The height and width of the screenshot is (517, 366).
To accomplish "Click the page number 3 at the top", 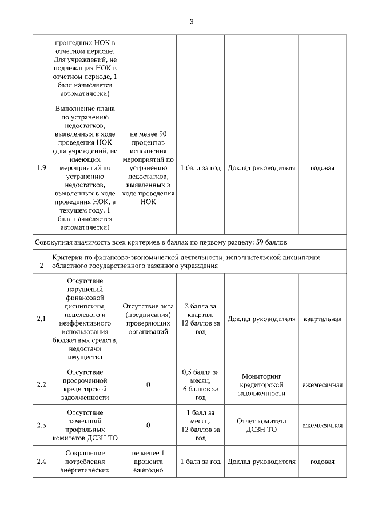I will click(x=191, y=22).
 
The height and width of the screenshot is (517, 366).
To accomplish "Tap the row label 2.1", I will click(x=41, y=319).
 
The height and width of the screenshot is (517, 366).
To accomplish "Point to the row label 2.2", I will click(x=41, y=384).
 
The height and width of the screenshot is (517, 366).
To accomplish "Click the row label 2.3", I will click(x=41, y=425).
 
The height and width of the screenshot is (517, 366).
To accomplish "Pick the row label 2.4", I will click(x=41, y=462).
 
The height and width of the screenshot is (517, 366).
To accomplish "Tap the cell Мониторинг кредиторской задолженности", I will click(x=261, y=384).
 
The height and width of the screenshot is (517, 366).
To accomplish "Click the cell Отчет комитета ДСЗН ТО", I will click(x=261, y=425).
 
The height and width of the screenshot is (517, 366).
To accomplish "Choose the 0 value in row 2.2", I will click(x=148, y=384).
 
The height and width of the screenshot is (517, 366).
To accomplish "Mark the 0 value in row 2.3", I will click(x=148, y=425).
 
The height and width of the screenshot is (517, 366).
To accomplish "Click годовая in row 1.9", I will click(x=323, y=168).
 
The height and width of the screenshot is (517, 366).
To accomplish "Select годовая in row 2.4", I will click(x=323, y=462).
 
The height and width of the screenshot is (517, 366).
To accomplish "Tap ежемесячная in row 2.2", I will click(x=323, y=384).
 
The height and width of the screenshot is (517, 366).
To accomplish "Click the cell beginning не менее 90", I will click(x=148, y=168).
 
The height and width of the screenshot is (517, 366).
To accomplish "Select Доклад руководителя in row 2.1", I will click(x=261, y=319).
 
